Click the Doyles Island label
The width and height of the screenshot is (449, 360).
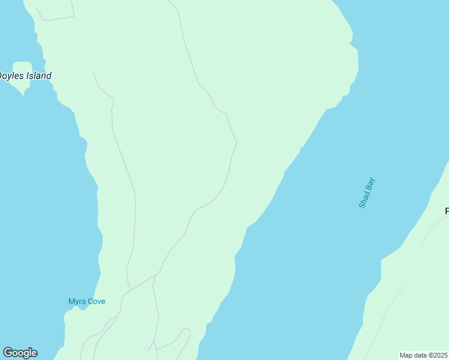tap(25, 76)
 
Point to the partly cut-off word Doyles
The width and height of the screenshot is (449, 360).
tap(11, 76)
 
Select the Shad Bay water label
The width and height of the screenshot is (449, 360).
tap(367, 193)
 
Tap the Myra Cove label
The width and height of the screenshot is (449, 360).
tap(86, 301)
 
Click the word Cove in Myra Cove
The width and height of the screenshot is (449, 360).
tap(96, 301)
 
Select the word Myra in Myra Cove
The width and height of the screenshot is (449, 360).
tap(76, 301)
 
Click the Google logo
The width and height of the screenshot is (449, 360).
tap(20, 353)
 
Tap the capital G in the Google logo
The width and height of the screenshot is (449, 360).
tap(8, 353)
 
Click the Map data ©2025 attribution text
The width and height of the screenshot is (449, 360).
tap(424, 355)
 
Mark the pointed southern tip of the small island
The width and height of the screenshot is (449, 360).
tap(23, 94)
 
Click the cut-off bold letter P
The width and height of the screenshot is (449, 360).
tap(447, 211)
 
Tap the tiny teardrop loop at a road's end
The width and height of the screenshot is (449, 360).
tap(146, 349)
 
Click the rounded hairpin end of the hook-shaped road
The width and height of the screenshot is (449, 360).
tap(186, 330)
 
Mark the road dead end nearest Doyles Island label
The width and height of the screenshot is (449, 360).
tap(93, 71)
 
